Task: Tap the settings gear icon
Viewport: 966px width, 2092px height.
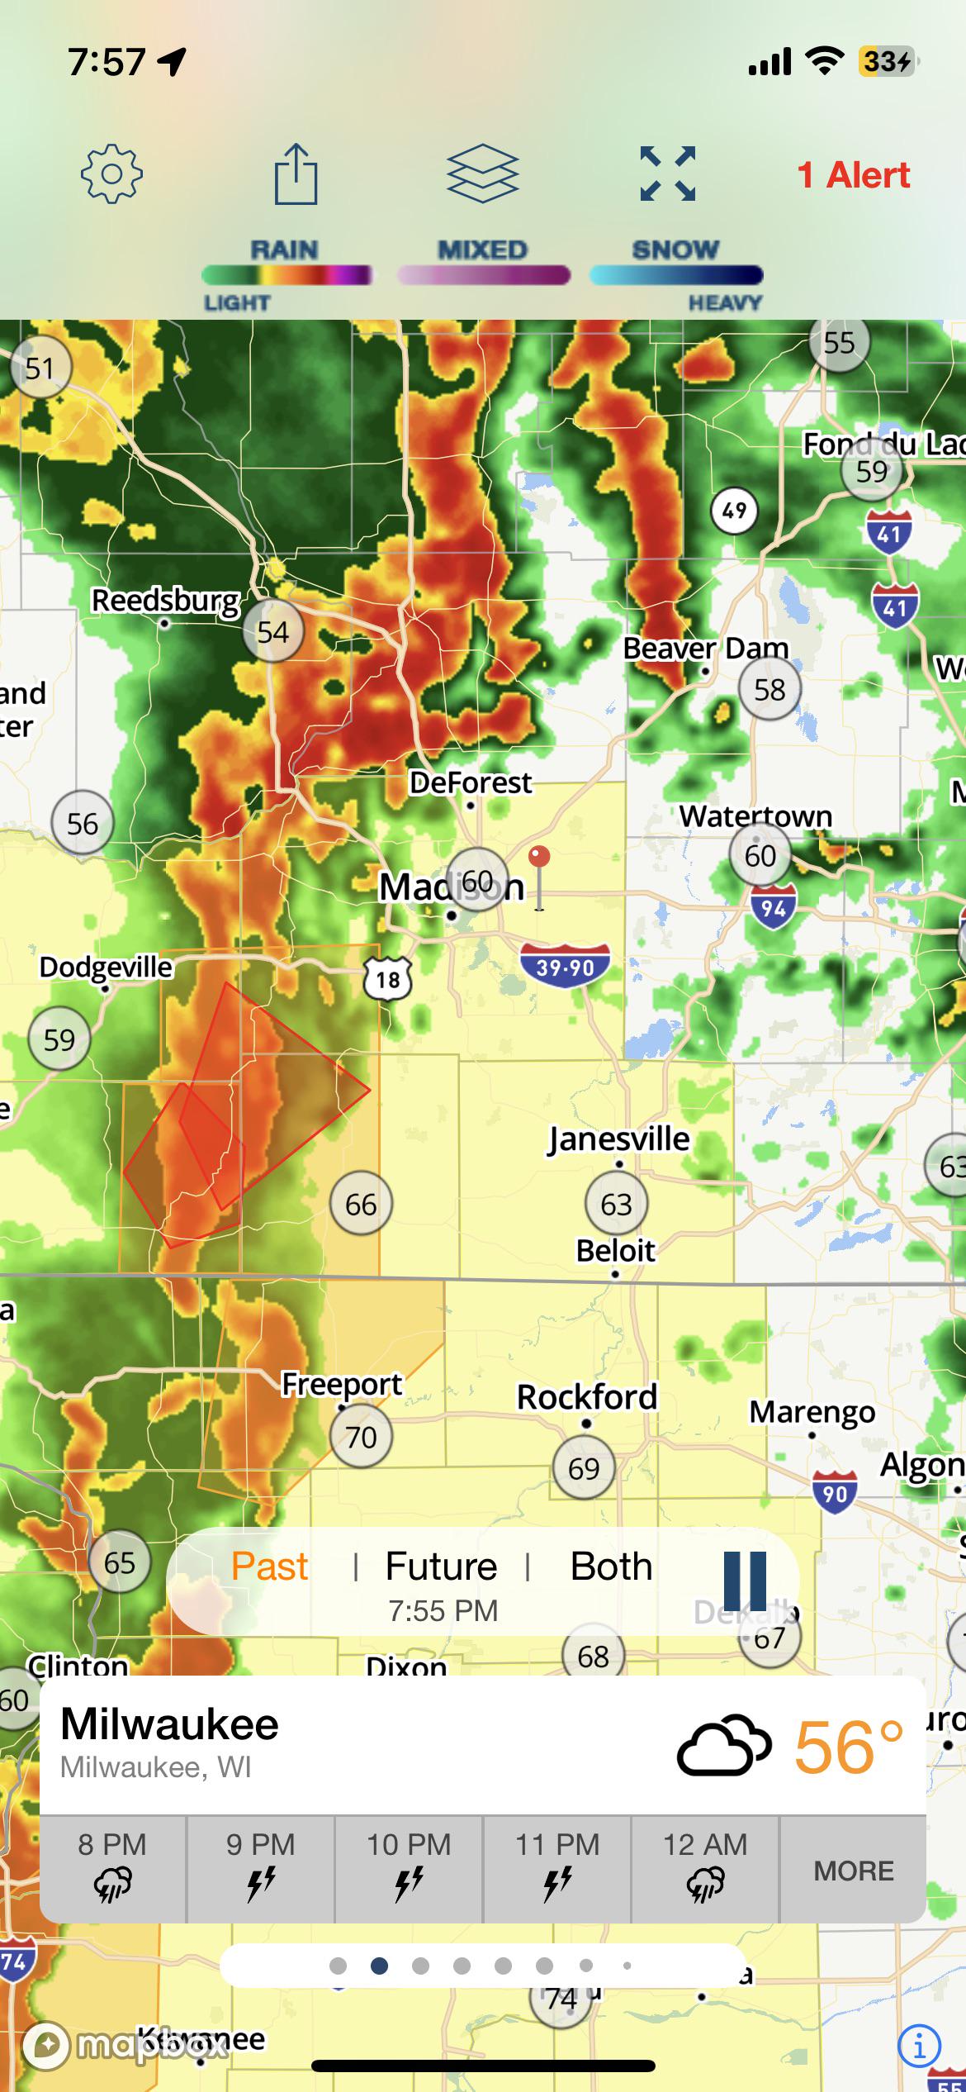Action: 111,174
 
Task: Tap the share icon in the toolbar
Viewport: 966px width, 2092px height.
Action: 296,174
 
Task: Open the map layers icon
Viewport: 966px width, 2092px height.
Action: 482,174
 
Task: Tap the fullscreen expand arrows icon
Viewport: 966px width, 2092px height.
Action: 667,174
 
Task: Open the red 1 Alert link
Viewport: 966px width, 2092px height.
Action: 853,175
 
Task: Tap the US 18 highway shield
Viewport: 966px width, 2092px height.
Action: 387,979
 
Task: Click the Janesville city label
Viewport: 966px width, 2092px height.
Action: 618,1139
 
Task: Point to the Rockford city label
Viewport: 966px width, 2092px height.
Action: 586,1397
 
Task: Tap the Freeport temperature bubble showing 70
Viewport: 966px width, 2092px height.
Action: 361,1437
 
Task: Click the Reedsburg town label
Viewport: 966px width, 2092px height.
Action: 165,601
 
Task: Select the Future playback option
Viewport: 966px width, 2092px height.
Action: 441,1566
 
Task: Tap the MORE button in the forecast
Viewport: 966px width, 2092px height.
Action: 853,1870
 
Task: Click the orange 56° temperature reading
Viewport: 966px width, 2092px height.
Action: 848,1747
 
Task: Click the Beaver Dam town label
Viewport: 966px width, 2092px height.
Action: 705,649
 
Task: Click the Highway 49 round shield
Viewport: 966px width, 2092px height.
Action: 734,510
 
